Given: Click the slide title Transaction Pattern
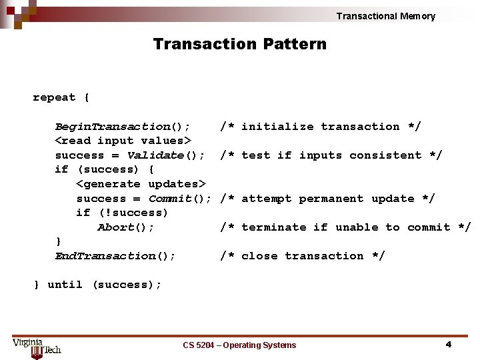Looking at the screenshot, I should pos(240,44).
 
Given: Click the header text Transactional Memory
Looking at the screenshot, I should pos(385,16).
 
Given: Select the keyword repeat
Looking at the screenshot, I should pos(54,97).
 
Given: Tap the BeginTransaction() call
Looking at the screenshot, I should pos(122,127).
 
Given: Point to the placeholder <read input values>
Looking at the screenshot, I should pos(123,141).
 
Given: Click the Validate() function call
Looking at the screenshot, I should pos(165,155).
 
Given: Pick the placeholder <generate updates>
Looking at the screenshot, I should pos(141,184).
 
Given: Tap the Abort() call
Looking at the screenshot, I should pos(126,227).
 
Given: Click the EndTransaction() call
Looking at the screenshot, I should pos(115,256).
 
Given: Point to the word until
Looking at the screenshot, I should pos(65,285).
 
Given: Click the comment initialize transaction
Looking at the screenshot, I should pos(321,127).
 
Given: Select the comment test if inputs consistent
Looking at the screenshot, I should pos(331,155).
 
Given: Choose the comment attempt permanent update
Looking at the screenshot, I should pos(327,199).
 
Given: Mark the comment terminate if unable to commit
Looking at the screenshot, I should pos(345,227).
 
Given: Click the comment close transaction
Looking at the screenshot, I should pos(303,256).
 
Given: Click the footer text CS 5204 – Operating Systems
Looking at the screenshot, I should pos(239,345).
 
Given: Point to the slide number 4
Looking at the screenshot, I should pos(448,344).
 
